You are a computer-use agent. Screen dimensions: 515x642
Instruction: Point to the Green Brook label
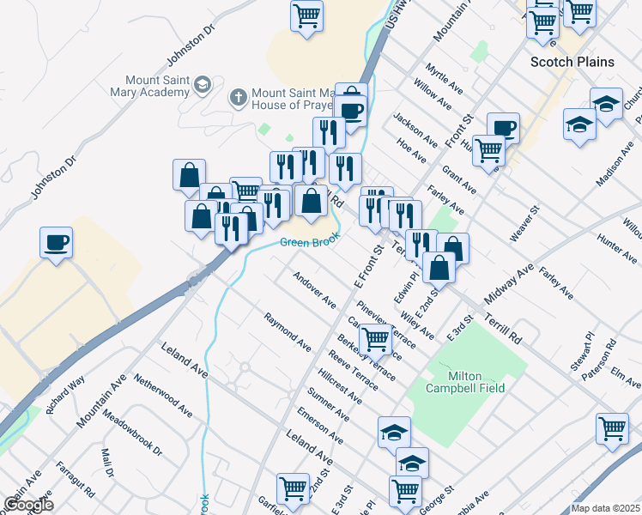coord(305,243)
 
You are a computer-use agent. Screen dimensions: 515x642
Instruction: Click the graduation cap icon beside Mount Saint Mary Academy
coord(203,84)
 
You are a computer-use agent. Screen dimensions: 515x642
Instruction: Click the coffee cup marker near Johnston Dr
coord(57,242)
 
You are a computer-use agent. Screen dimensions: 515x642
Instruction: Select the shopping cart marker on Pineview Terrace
coord(375,339)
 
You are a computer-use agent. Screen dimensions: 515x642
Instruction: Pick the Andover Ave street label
coord(314,289)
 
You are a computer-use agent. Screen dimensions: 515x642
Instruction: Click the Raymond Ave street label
coord(288,331)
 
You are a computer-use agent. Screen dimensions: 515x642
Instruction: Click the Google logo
coord(27,504)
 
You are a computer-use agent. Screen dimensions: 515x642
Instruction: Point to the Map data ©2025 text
coord(605,508)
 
